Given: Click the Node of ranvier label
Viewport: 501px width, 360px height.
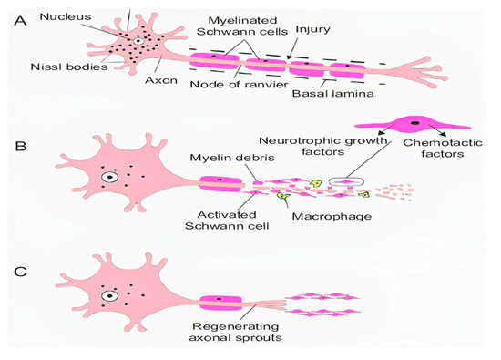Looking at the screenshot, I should click(x=230, y=86).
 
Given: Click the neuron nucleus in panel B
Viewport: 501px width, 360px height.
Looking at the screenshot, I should click(x=111, y=177).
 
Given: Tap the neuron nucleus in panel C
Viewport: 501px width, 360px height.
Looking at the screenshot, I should click(x=111, y=295).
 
